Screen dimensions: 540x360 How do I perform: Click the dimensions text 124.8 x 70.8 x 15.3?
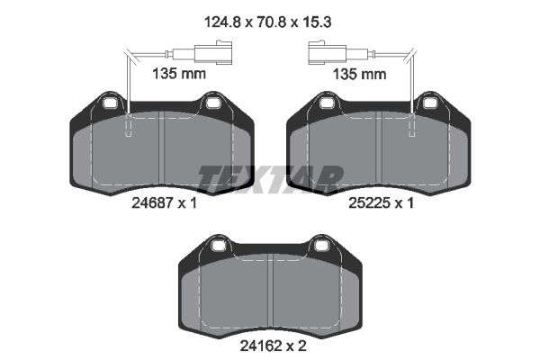point(267,22)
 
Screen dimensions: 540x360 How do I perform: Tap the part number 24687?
point(152,203)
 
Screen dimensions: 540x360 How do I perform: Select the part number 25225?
point(369,203)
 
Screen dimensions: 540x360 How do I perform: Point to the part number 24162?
point(261,346)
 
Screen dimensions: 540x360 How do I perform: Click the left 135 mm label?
point(179,74)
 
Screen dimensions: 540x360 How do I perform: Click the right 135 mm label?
point(359,74)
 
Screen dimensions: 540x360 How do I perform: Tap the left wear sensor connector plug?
point(213,53)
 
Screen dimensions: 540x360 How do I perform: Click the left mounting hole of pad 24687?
point(111,103)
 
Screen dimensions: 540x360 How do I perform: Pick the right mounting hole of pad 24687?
point(212,103)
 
